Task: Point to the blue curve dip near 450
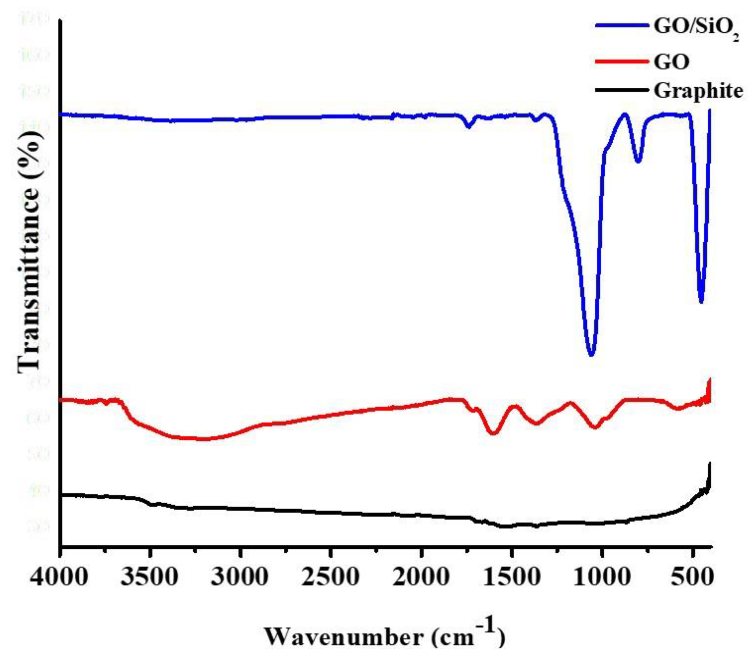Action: click(x=701, y=302)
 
